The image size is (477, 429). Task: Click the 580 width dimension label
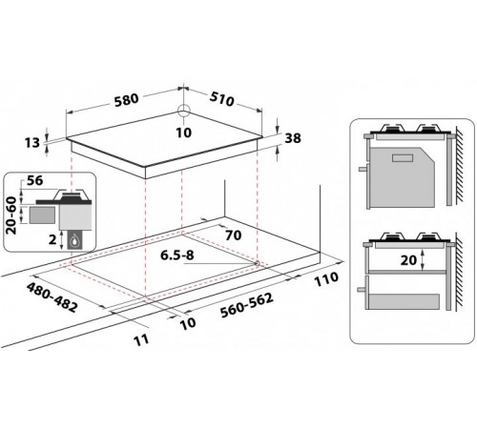127,99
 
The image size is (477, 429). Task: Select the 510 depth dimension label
221,99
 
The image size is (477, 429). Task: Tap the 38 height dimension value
293,138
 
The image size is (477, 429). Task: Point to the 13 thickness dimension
32,143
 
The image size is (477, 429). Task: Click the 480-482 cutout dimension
52,297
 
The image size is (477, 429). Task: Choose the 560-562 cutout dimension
247,305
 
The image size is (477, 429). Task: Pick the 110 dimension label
326,279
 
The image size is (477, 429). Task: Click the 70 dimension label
233,235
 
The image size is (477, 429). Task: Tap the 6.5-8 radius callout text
177,255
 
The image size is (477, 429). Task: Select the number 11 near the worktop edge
141,339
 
